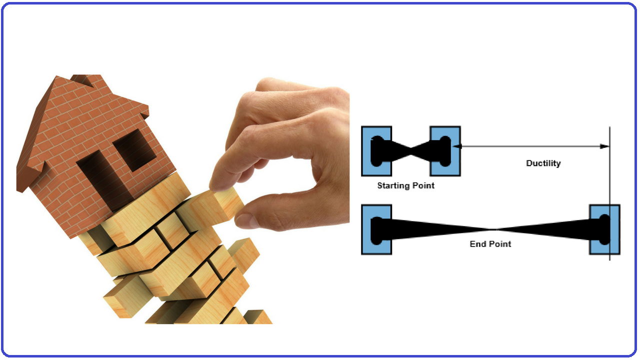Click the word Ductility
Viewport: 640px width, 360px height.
543,163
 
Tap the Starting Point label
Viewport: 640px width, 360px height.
405,185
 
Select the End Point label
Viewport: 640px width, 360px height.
490,244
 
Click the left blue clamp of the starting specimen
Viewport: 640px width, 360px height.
376,150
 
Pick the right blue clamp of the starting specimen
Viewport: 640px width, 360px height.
445,150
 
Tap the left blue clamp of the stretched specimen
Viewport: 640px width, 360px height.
376,229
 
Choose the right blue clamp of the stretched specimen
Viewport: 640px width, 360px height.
604,229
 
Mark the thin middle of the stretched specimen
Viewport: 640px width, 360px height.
492,229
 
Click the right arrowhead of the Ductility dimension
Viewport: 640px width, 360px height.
605,146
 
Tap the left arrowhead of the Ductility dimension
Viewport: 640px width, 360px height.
457,146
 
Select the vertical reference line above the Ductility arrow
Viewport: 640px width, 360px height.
609,135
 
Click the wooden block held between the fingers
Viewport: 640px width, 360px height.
227,204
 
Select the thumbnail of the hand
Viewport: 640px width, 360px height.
246,220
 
